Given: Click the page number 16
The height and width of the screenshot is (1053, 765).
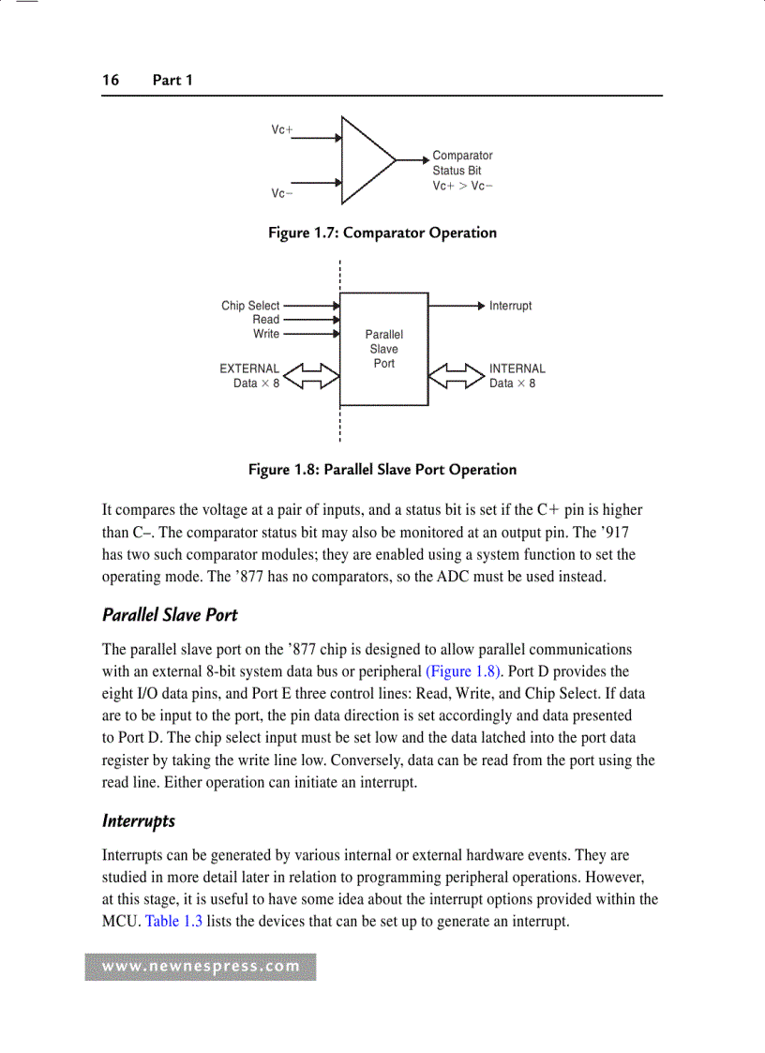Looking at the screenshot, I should pyautogui.click(x=111, y=80).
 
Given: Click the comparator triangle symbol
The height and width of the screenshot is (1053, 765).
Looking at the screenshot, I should pyautogui.click(x=367, y=160).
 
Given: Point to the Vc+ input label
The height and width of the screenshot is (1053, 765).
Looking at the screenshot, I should pyautogui.click(x=282, y=130).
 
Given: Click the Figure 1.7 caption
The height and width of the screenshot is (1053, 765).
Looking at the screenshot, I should pyautogui.click(x=382, y=233).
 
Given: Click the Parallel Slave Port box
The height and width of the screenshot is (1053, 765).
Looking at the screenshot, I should pyautogui.click(x=383, y=349).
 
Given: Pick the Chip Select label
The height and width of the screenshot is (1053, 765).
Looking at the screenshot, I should pyautogui.click(x=250, y=306).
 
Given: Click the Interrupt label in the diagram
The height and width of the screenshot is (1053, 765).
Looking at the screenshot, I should pyautogui.click(x=510, y=306).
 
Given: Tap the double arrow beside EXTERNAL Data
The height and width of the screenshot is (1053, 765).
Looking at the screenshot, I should pyautogui.click(x=309, y=376).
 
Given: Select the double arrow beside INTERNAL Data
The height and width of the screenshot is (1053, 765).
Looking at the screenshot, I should pyautogui.click(x=457, y=376).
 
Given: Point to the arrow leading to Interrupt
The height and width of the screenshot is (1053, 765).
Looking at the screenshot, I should pyautogui.click(x=457, y=306).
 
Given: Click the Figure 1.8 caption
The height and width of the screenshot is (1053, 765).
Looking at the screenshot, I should pyautogui.click(x=382, y=469).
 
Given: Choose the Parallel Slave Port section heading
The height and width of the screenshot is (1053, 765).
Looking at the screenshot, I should pyautogui.click(x=170, y=615).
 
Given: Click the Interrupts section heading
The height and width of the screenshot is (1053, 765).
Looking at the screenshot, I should pyautogui.click(x=139, y=820).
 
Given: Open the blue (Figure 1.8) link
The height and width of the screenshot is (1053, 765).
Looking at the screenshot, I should pyautogui.click(x=462, y=671).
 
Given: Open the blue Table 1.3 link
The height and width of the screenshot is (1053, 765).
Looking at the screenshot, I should pyautogui.click(x=174, y=921).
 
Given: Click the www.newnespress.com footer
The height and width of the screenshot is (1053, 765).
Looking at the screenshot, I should pyautogui.click(x=201, y=967).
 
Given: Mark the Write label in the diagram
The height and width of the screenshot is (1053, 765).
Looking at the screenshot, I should pyautogui.click(x=266, y=334).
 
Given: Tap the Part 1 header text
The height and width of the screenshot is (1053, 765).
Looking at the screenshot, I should pyautogui.click(x=172, y=80).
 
